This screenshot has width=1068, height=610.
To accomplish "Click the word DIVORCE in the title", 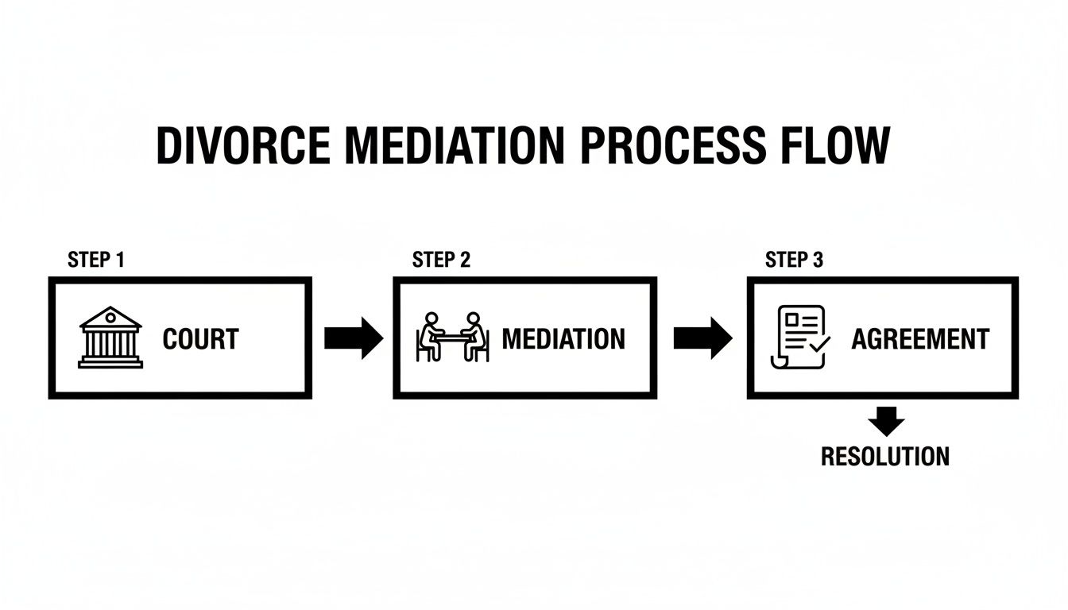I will (240, 146).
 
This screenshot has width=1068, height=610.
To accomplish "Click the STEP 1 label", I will (96, 260).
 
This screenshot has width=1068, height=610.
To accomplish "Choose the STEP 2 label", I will (441, 260).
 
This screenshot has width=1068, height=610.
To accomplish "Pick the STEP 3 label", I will (794, 260).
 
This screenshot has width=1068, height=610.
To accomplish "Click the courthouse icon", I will (110, 338).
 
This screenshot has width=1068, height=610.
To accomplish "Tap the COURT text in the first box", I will (200, 339).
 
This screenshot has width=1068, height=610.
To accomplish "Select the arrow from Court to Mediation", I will (354, 338).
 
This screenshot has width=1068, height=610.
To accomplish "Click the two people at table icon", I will (453, 338).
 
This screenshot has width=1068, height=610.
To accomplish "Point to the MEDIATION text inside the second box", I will (563, 339).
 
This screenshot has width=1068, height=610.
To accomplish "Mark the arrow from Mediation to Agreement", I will (702, 338).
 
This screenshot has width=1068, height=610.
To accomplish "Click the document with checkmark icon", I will (799, 338).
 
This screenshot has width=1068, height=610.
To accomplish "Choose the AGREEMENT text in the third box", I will (920, 339).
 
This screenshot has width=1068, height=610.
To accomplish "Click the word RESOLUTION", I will (885, 457).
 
